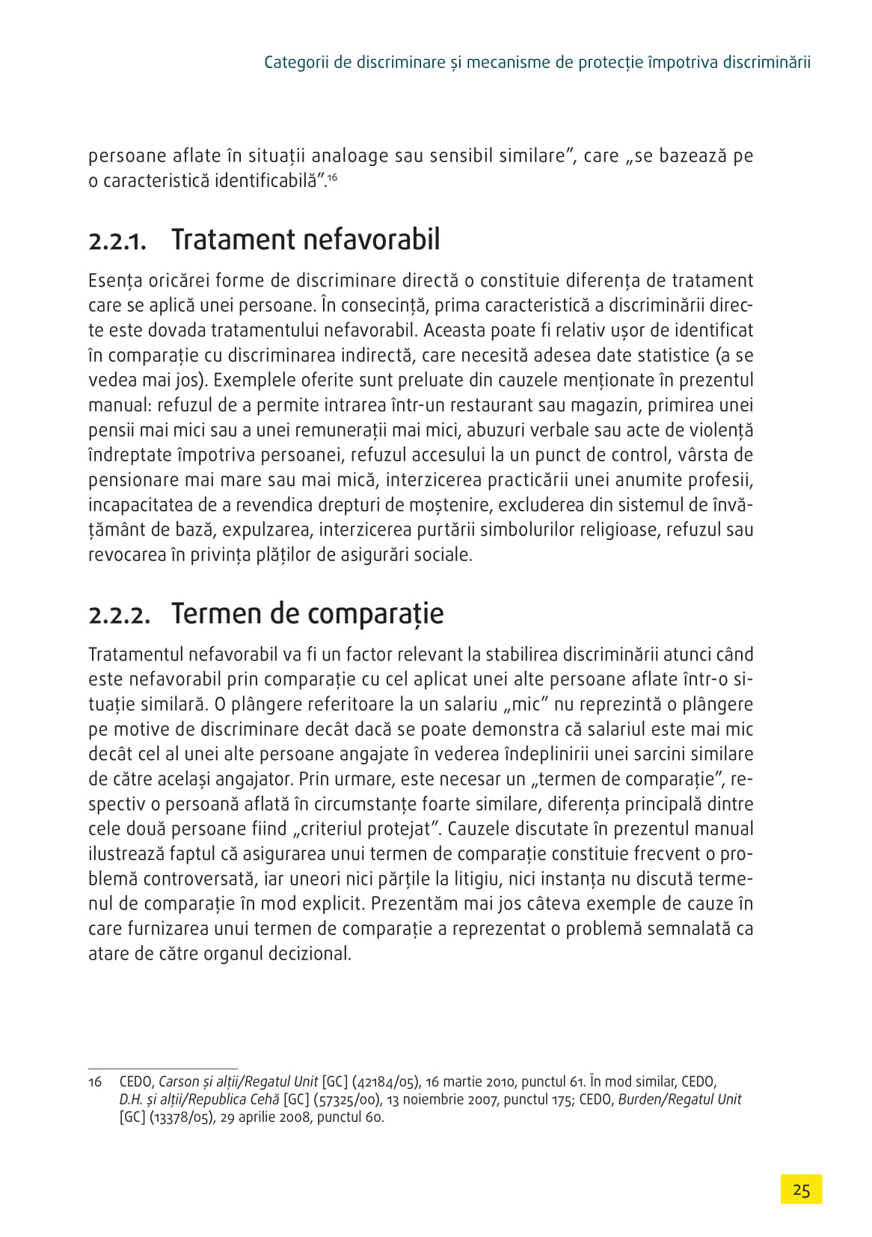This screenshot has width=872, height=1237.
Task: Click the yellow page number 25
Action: coord(801,1190)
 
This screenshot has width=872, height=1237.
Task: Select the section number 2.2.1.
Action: coord(117,242)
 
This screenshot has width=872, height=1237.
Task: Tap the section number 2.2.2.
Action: coord(120,616)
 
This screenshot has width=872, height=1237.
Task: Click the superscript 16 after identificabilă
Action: coord(333,177)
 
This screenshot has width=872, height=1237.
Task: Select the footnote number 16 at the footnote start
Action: coord(95,1082)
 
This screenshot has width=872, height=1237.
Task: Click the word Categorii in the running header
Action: coord(296,62)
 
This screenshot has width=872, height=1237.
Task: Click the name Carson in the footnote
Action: coord(179,1082)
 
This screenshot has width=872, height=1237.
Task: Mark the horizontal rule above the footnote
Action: coord(163,1068)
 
